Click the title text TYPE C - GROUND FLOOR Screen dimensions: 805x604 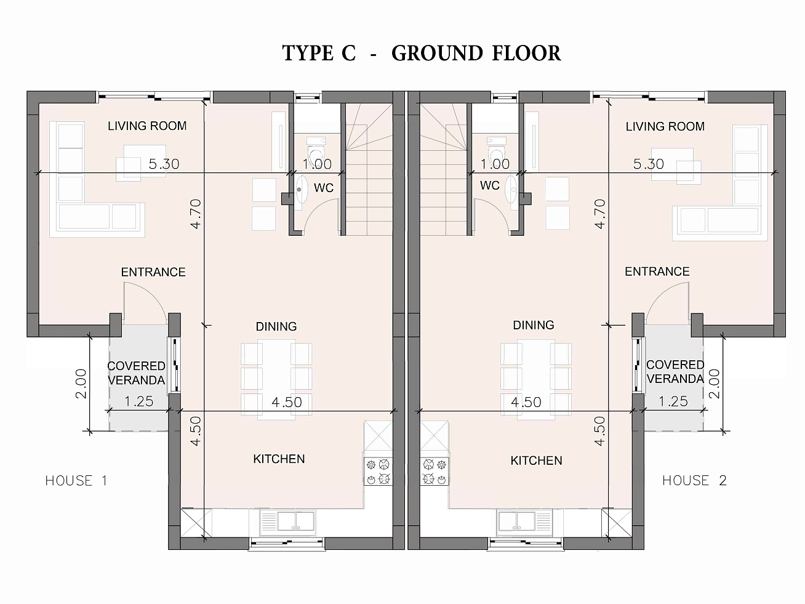(422, 53)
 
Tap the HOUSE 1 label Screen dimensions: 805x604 (76, 480)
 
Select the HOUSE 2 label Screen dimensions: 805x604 (694, 480)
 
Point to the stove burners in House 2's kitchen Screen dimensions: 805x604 (435, 472)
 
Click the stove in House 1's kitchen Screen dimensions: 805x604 (378, 472)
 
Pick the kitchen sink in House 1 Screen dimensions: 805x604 (287, 521)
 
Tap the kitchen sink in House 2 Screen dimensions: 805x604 (524, 521)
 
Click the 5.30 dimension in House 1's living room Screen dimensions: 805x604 (164, 164)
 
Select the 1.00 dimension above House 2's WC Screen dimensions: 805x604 (495, 164)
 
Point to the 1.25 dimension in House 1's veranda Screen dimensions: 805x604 (138, 401)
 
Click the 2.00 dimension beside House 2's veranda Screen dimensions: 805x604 (715, 384)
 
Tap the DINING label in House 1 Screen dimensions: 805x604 (276, 326)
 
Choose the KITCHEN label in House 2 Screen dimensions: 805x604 (536, 461)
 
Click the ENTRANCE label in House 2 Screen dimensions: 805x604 (657, 272)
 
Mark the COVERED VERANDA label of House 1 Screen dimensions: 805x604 (136, 373)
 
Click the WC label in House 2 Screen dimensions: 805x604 (490, 185)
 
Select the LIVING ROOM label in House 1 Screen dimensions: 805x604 (147, 126)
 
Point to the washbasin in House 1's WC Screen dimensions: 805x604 (302, 189)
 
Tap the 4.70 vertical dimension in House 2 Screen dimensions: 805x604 (600, 214)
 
